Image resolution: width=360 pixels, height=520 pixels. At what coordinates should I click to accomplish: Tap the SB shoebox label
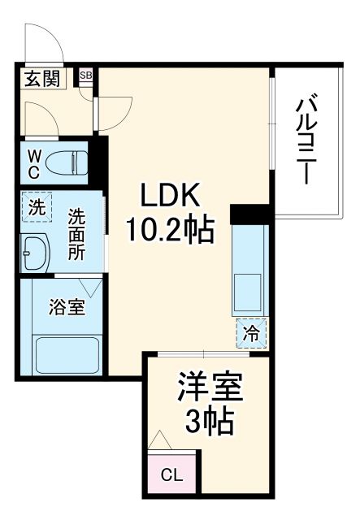click(86, 76)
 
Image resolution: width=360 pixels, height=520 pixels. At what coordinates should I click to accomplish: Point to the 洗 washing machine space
click(37, 206)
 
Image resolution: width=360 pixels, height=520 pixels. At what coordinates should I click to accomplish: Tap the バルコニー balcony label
click(306, 139)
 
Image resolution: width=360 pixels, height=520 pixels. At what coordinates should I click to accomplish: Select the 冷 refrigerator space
click(252, 332)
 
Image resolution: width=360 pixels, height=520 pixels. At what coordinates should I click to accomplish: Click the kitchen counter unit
click(250, 269)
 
